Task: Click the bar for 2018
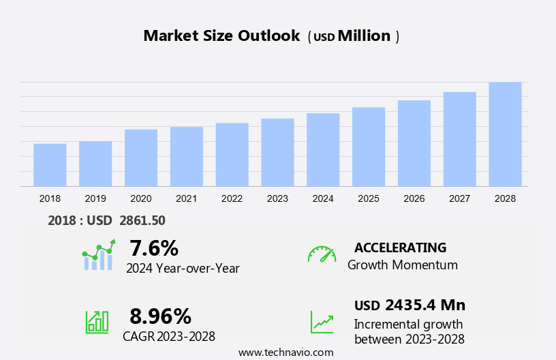(50, 164)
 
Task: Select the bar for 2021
(186, 156)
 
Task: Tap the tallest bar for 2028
(505, 134)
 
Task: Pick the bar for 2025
(369, 147)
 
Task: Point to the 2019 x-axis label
(95, 198)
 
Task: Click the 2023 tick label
(277, 198)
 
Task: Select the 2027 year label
(459, 198)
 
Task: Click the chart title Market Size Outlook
(221, 36)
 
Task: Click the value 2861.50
(142, 220)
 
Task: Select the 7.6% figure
(153, 247)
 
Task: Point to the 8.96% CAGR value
(160, 316)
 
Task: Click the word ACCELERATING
(400, 247)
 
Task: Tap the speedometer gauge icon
(322, 254)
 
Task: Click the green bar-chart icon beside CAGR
(97, 322)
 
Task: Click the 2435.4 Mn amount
(424, 305)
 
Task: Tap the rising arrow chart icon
(322, 322)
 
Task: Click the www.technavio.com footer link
(285, 352)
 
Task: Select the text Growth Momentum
(402, 265)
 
